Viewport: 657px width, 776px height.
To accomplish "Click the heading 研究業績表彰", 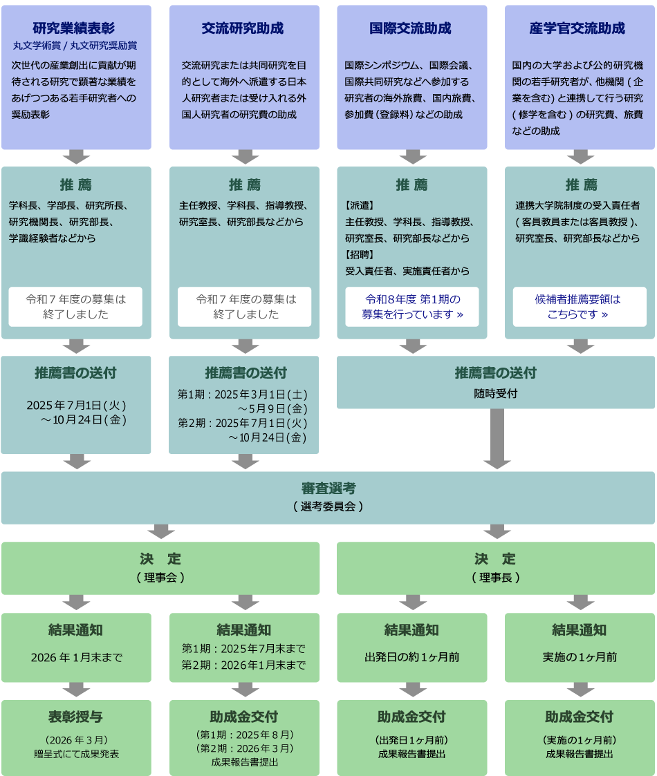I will [x=74, y=28].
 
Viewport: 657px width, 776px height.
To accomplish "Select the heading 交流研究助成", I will [x=243, y=28].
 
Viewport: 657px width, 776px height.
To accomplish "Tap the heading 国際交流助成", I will [x=411, y=28].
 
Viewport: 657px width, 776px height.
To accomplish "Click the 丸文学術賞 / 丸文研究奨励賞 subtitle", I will [x=75, y=46].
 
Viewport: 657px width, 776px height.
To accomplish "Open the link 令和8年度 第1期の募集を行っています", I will [x=412, y=307].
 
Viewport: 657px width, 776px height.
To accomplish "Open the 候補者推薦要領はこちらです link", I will [x=579, y=307].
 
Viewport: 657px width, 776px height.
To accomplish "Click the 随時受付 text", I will [x=495, y=393].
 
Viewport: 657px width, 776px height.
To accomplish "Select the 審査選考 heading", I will [x=328, y=489].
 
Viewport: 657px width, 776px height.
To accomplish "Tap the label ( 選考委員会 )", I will [x=328, y=506].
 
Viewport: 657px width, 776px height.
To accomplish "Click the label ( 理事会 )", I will [x=160, y=577].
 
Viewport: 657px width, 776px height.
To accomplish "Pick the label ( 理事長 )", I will [x=495, y=577].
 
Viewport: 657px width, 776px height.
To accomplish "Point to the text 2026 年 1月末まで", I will [x=76, y=657].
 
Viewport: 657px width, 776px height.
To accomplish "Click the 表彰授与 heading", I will [x=76, y=717].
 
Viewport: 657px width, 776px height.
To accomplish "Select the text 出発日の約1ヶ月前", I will [x=412, y=657].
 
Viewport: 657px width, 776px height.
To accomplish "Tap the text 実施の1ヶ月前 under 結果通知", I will [x=580, y=657].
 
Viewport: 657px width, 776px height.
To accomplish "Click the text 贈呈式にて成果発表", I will [x=76, y=754].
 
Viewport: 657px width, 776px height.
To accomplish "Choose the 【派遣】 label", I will [x=360, y=205].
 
